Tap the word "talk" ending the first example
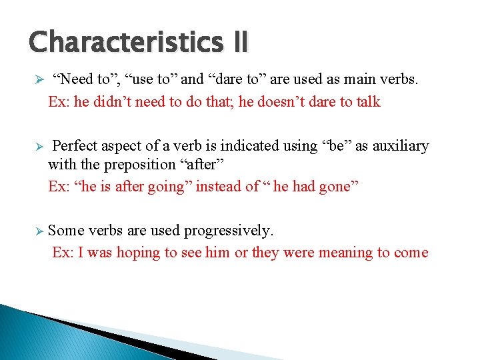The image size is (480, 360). coord(366,102)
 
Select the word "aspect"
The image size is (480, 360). coord(126,146)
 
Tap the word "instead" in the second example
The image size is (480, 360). coord(217,187)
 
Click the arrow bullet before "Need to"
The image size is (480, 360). coord(39,80)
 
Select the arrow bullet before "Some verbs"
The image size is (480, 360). coord(39,231)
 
